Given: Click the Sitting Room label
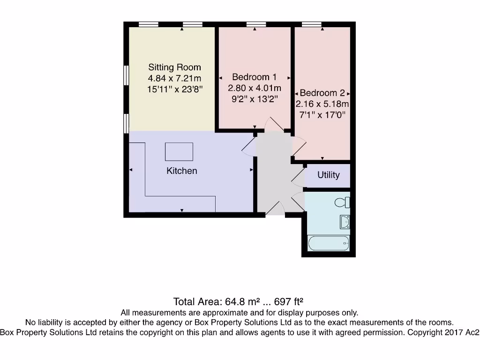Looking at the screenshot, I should click(174, 67).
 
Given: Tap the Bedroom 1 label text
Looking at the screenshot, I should click(255, 77).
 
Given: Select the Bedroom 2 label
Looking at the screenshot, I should click(322, 93).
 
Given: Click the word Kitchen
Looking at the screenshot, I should click(182, 171).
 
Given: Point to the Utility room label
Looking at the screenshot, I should click(328, 175).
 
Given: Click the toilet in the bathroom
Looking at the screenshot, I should click(343, 202).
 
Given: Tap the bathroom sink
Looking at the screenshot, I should click(345, 222).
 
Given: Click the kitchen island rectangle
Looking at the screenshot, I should click(179, 151).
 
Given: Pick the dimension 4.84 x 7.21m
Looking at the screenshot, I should click(174, 78).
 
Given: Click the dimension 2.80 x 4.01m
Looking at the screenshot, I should click(255, 88).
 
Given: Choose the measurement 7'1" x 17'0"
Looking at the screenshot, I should click(322, 115).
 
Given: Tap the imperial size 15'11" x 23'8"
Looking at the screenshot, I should click(174, 89).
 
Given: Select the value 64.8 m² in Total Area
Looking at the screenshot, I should click(237, 301).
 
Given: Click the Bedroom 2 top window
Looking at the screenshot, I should click(312, 24).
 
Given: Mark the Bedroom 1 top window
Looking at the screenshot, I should click(256, 24).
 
